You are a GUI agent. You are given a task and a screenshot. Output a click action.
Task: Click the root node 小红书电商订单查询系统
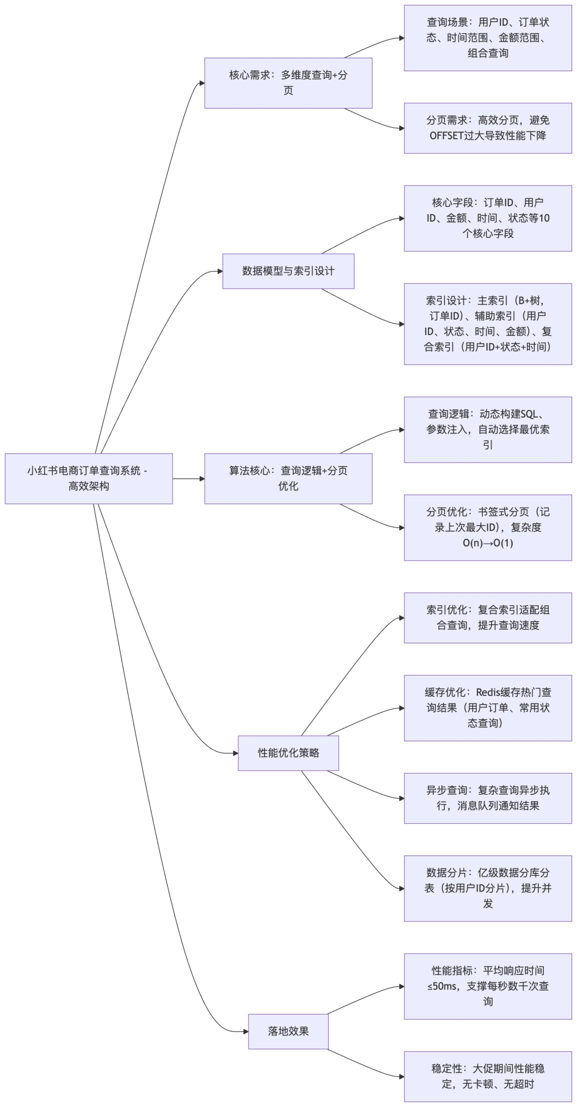click(x=89, y=478)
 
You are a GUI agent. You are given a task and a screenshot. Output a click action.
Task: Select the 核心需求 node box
click(x=288, y=83)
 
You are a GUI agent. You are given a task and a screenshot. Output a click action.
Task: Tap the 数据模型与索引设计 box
click(x=288, y=271)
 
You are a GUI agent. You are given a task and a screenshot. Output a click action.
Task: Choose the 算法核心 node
click(x=288, y=478)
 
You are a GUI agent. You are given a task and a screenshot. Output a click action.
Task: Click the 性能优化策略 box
click(x=288, y=753)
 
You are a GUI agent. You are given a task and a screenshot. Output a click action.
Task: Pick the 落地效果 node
click(x=288, y=1031)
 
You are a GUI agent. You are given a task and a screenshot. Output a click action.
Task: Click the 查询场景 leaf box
click(x=487, y=37)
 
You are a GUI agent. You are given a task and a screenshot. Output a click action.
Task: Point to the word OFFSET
click(x=446, y=136)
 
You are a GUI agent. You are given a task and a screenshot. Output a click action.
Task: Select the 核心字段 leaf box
click(x=487, y=218)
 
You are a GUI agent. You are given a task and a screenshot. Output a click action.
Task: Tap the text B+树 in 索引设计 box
click(x=530, y=300)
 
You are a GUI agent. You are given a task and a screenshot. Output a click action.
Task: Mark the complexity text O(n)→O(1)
click(x=487, y=543)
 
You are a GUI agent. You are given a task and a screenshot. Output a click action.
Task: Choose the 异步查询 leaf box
click(x=487, y=798)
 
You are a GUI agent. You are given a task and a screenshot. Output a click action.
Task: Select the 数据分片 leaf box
click(x=487, y=888)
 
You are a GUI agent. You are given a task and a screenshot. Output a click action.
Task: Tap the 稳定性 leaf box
click(x=487, y=1076)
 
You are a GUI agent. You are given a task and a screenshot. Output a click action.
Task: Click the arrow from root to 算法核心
click(x=188, y=478)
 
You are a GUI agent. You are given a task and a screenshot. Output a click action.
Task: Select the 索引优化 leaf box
click(x=487, y=617)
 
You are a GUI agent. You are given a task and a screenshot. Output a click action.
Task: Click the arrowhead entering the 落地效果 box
click(x=246, y=1031)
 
